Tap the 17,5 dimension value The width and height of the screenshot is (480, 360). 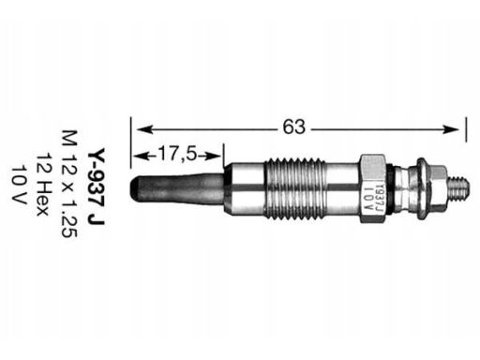177,154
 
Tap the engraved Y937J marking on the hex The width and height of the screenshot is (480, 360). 379,198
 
